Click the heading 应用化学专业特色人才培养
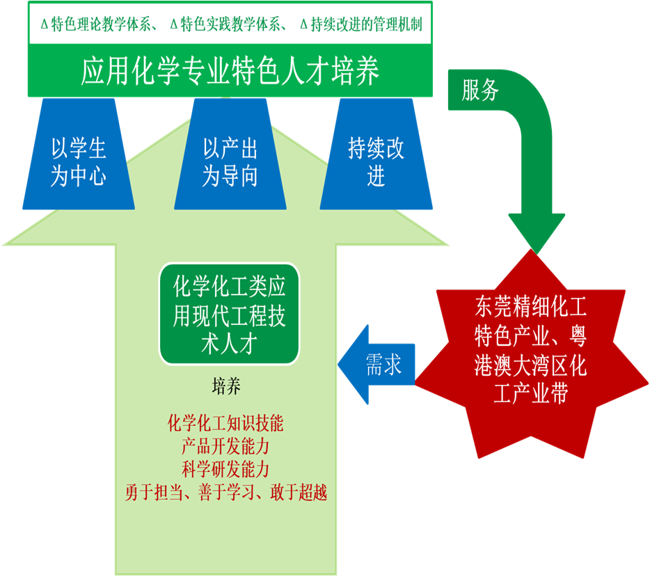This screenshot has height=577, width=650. [230, 71]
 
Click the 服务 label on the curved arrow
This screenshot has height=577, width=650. [480, 90]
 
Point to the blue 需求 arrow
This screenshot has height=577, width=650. [379, 365]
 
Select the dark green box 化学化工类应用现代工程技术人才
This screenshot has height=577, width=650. [229, 314]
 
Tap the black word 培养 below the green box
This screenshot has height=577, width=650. [226, 387]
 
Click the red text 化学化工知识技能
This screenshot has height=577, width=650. [226, 423]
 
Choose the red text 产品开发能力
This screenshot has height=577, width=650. [226, 445]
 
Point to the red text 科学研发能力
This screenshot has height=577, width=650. [226, 468]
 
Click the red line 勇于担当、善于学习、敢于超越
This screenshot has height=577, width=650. [226, 492]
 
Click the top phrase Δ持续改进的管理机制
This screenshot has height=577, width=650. [360, 24]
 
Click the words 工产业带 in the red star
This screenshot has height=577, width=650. [530, 394]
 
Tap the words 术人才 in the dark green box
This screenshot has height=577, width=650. [229, 345]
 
